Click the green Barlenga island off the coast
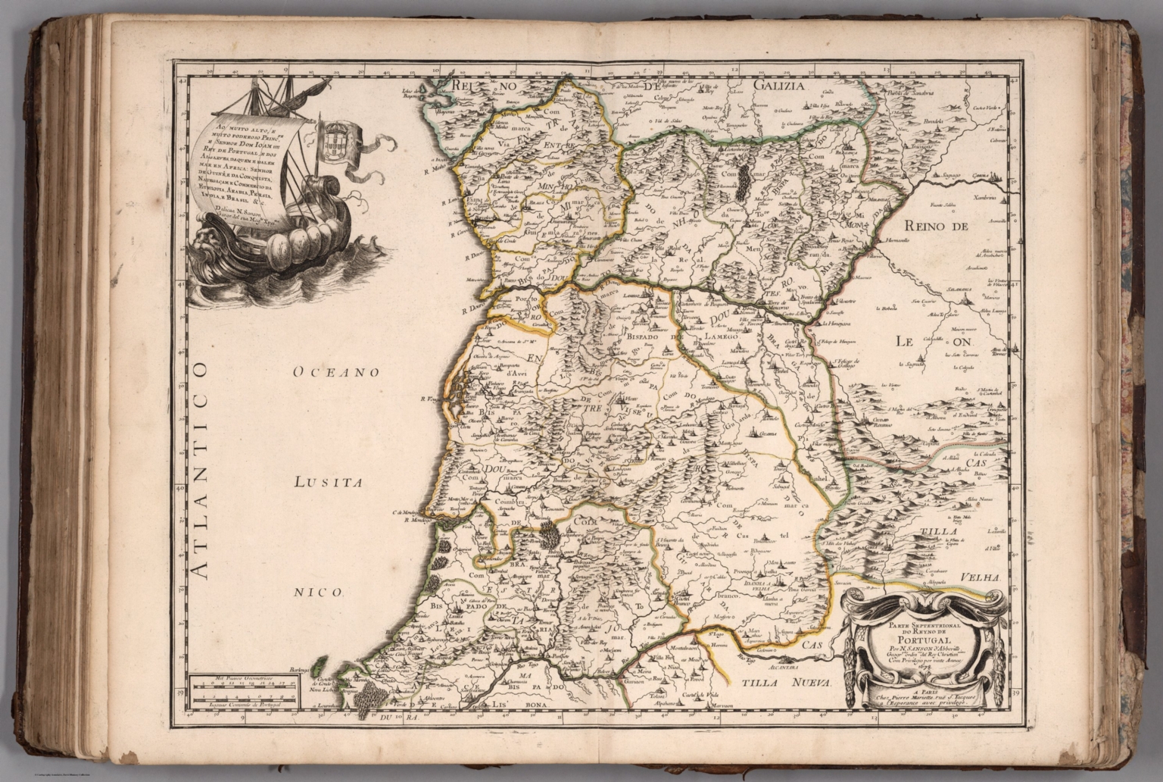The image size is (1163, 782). coord(318,664)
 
